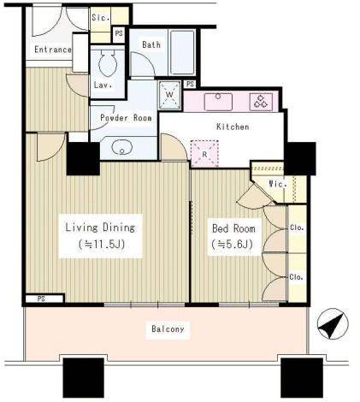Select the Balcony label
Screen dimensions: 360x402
pos(168,329)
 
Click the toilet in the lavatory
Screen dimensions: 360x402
pos(108,63)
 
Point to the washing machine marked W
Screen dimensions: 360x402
pos(169,95)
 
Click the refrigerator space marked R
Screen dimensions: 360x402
pos(204,153)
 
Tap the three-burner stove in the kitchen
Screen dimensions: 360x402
pos(261,102)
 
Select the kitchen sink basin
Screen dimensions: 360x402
pos(218,102)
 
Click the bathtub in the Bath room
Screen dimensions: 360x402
pos(182,52)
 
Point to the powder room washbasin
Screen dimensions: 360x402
pos(122,147)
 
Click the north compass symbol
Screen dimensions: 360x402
pos(333,323)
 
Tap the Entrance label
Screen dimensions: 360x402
pos(53,50)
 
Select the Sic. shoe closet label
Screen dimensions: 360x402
pos(101,18)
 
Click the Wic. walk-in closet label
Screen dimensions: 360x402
pos(278,184)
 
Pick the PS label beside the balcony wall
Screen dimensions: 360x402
pos(41,299)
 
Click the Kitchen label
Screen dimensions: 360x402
pos(233,127)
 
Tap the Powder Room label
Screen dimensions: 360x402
pos(126,118)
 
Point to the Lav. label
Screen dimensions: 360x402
pos(103,85)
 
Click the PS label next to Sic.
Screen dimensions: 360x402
pos(119,33)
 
